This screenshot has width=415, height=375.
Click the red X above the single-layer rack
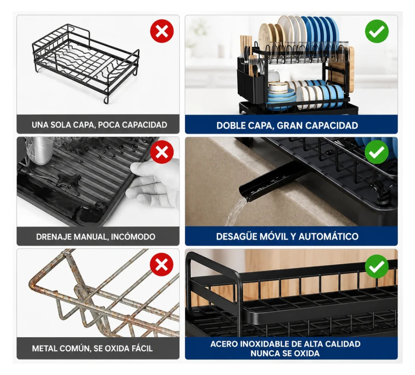point(162,31)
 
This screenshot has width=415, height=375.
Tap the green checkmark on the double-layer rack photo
point(376,31)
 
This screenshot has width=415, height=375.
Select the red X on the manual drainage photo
point(162,152)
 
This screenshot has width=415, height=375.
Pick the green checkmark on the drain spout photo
point(376,152)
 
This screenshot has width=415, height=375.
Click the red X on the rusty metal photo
point(162,264)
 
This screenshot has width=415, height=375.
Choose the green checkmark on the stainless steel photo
point(376,266)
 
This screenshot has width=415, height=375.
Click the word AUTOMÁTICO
point(329,237)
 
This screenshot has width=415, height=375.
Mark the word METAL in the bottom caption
point(44,349)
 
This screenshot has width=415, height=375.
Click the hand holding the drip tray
point(155,183)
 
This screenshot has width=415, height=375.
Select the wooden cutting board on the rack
point(341,69)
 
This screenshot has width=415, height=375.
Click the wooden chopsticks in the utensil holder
point(246,53)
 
